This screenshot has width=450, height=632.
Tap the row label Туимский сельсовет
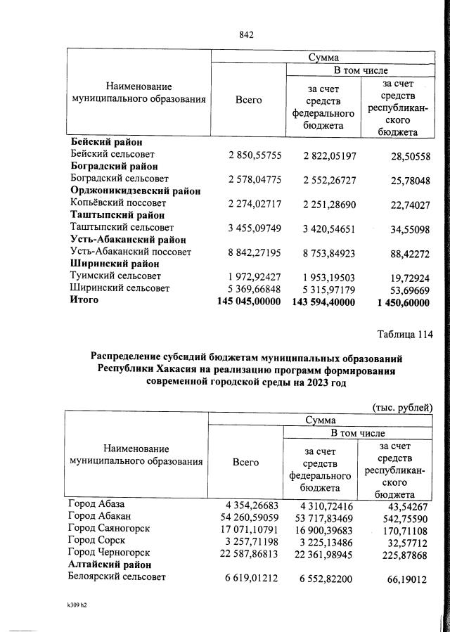(116, 276)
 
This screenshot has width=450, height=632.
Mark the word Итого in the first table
(84, 300)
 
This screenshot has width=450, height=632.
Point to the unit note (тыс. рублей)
(402, 407)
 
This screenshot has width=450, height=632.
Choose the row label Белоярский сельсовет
(115, 577)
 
